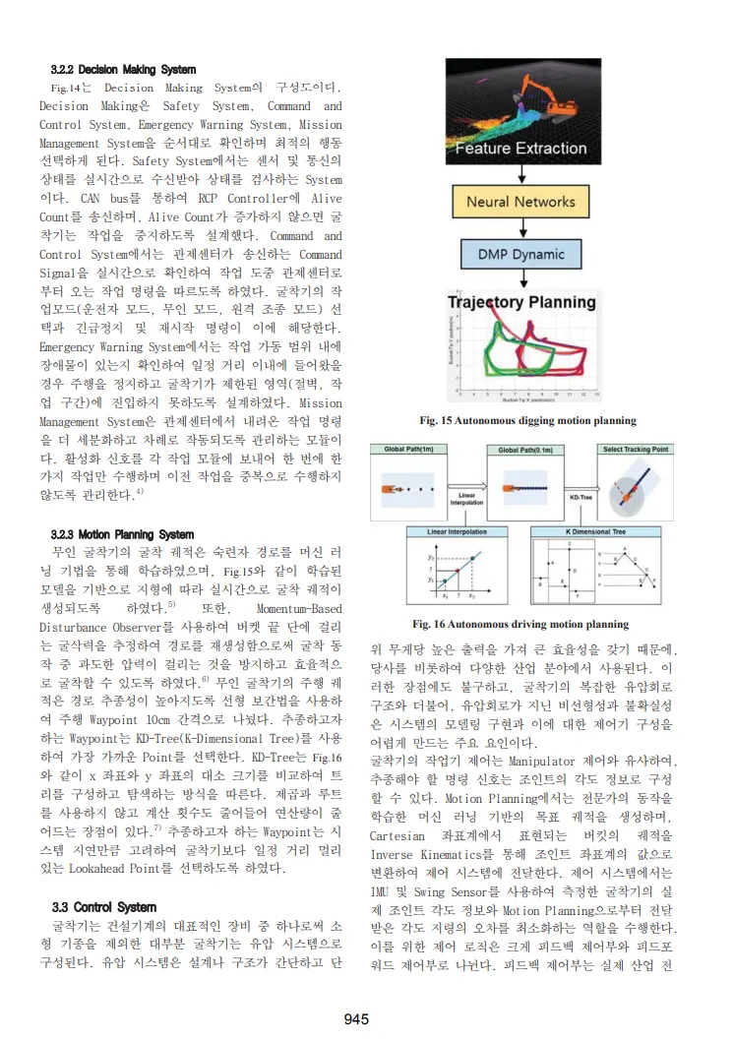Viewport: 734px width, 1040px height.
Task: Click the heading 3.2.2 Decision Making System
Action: (x=123, y=70)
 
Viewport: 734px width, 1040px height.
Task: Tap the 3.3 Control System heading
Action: (x=102, y=906)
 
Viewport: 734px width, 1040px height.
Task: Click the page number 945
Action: (x=355, y=1018)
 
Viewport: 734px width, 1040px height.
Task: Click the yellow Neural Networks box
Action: (x=520, y=203)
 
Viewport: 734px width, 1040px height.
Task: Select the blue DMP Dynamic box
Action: (x=521, y=254)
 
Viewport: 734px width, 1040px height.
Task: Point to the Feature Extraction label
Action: (x=520, y=149)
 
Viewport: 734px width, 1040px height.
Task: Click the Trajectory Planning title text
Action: (x=520, y=301)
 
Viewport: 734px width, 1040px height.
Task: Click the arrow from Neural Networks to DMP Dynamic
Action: (x=521, y=228)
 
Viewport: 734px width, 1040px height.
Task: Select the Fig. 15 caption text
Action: (x=527, y=421)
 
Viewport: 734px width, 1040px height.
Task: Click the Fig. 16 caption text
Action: (x=520, y=624)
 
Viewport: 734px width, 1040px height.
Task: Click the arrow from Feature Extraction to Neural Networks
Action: (x=521, y=175)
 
